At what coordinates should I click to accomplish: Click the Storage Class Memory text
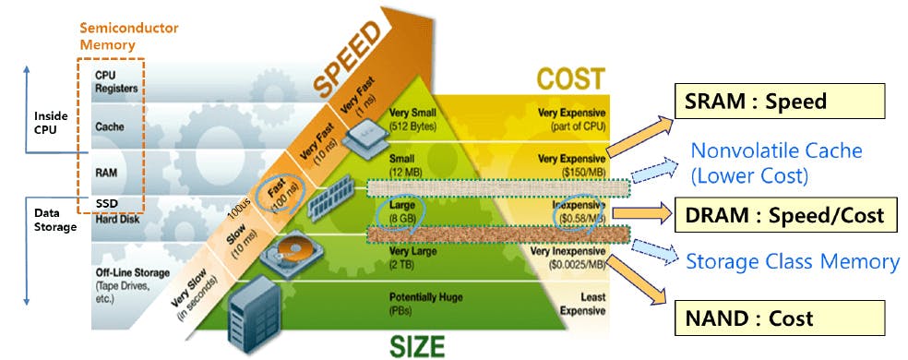(792, 261)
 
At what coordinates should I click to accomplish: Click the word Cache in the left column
(110, 126)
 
